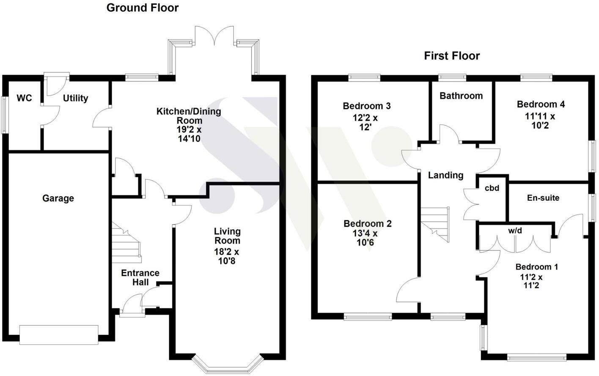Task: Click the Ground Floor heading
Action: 143,8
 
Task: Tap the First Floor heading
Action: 452,56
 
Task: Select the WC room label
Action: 24,98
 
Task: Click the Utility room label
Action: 75,98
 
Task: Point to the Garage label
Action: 58,198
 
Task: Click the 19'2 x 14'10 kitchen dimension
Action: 189,134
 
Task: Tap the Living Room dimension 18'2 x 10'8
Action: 227,256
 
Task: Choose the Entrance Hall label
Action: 140,277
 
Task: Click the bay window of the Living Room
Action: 227,364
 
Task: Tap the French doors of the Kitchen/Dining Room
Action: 214,36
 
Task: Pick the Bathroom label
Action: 461,96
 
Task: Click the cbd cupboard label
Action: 492,188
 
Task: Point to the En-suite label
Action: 543,198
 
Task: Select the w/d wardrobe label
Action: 515,231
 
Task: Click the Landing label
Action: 445,175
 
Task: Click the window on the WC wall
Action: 5,115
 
